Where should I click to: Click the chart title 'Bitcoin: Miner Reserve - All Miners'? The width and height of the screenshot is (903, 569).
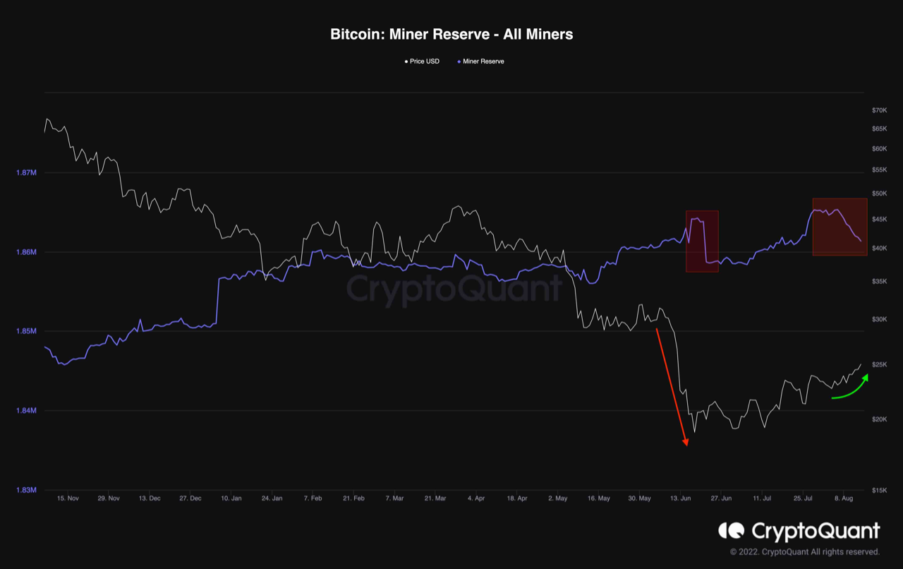pos(451,34)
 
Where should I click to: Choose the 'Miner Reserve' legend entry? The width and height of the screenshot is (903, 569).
pos(483,61)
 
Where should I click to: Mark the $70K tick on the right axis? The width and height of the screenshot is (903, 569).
pos(879,110)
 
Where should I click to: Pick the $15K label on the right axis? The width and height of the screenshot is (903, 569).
pos(879,490)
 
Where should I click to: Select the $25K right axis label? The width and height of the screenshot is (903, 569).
pos(879,364)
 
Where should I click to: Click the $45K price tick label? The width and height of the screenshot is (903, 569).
pos(879,220)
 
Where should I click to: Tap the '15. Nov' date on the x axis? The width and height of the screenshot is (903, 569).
pos(68,498)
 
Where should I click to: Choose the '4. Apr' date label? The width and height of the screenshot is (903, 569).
pos(476,498)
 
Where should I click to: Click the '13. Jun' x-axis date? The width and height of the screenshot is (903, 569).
pos(680,498)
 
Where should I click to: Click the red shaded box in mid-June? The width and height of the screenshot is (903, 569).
pos(702,241)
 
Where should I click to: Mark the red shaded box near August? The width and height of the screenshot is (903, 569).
pos(840,227)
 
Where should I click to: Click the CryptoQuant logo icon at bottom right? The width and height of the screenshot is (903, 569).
pos(732,530)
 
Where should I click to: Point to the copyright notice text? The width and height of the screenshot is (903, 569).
pos(804,551)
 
